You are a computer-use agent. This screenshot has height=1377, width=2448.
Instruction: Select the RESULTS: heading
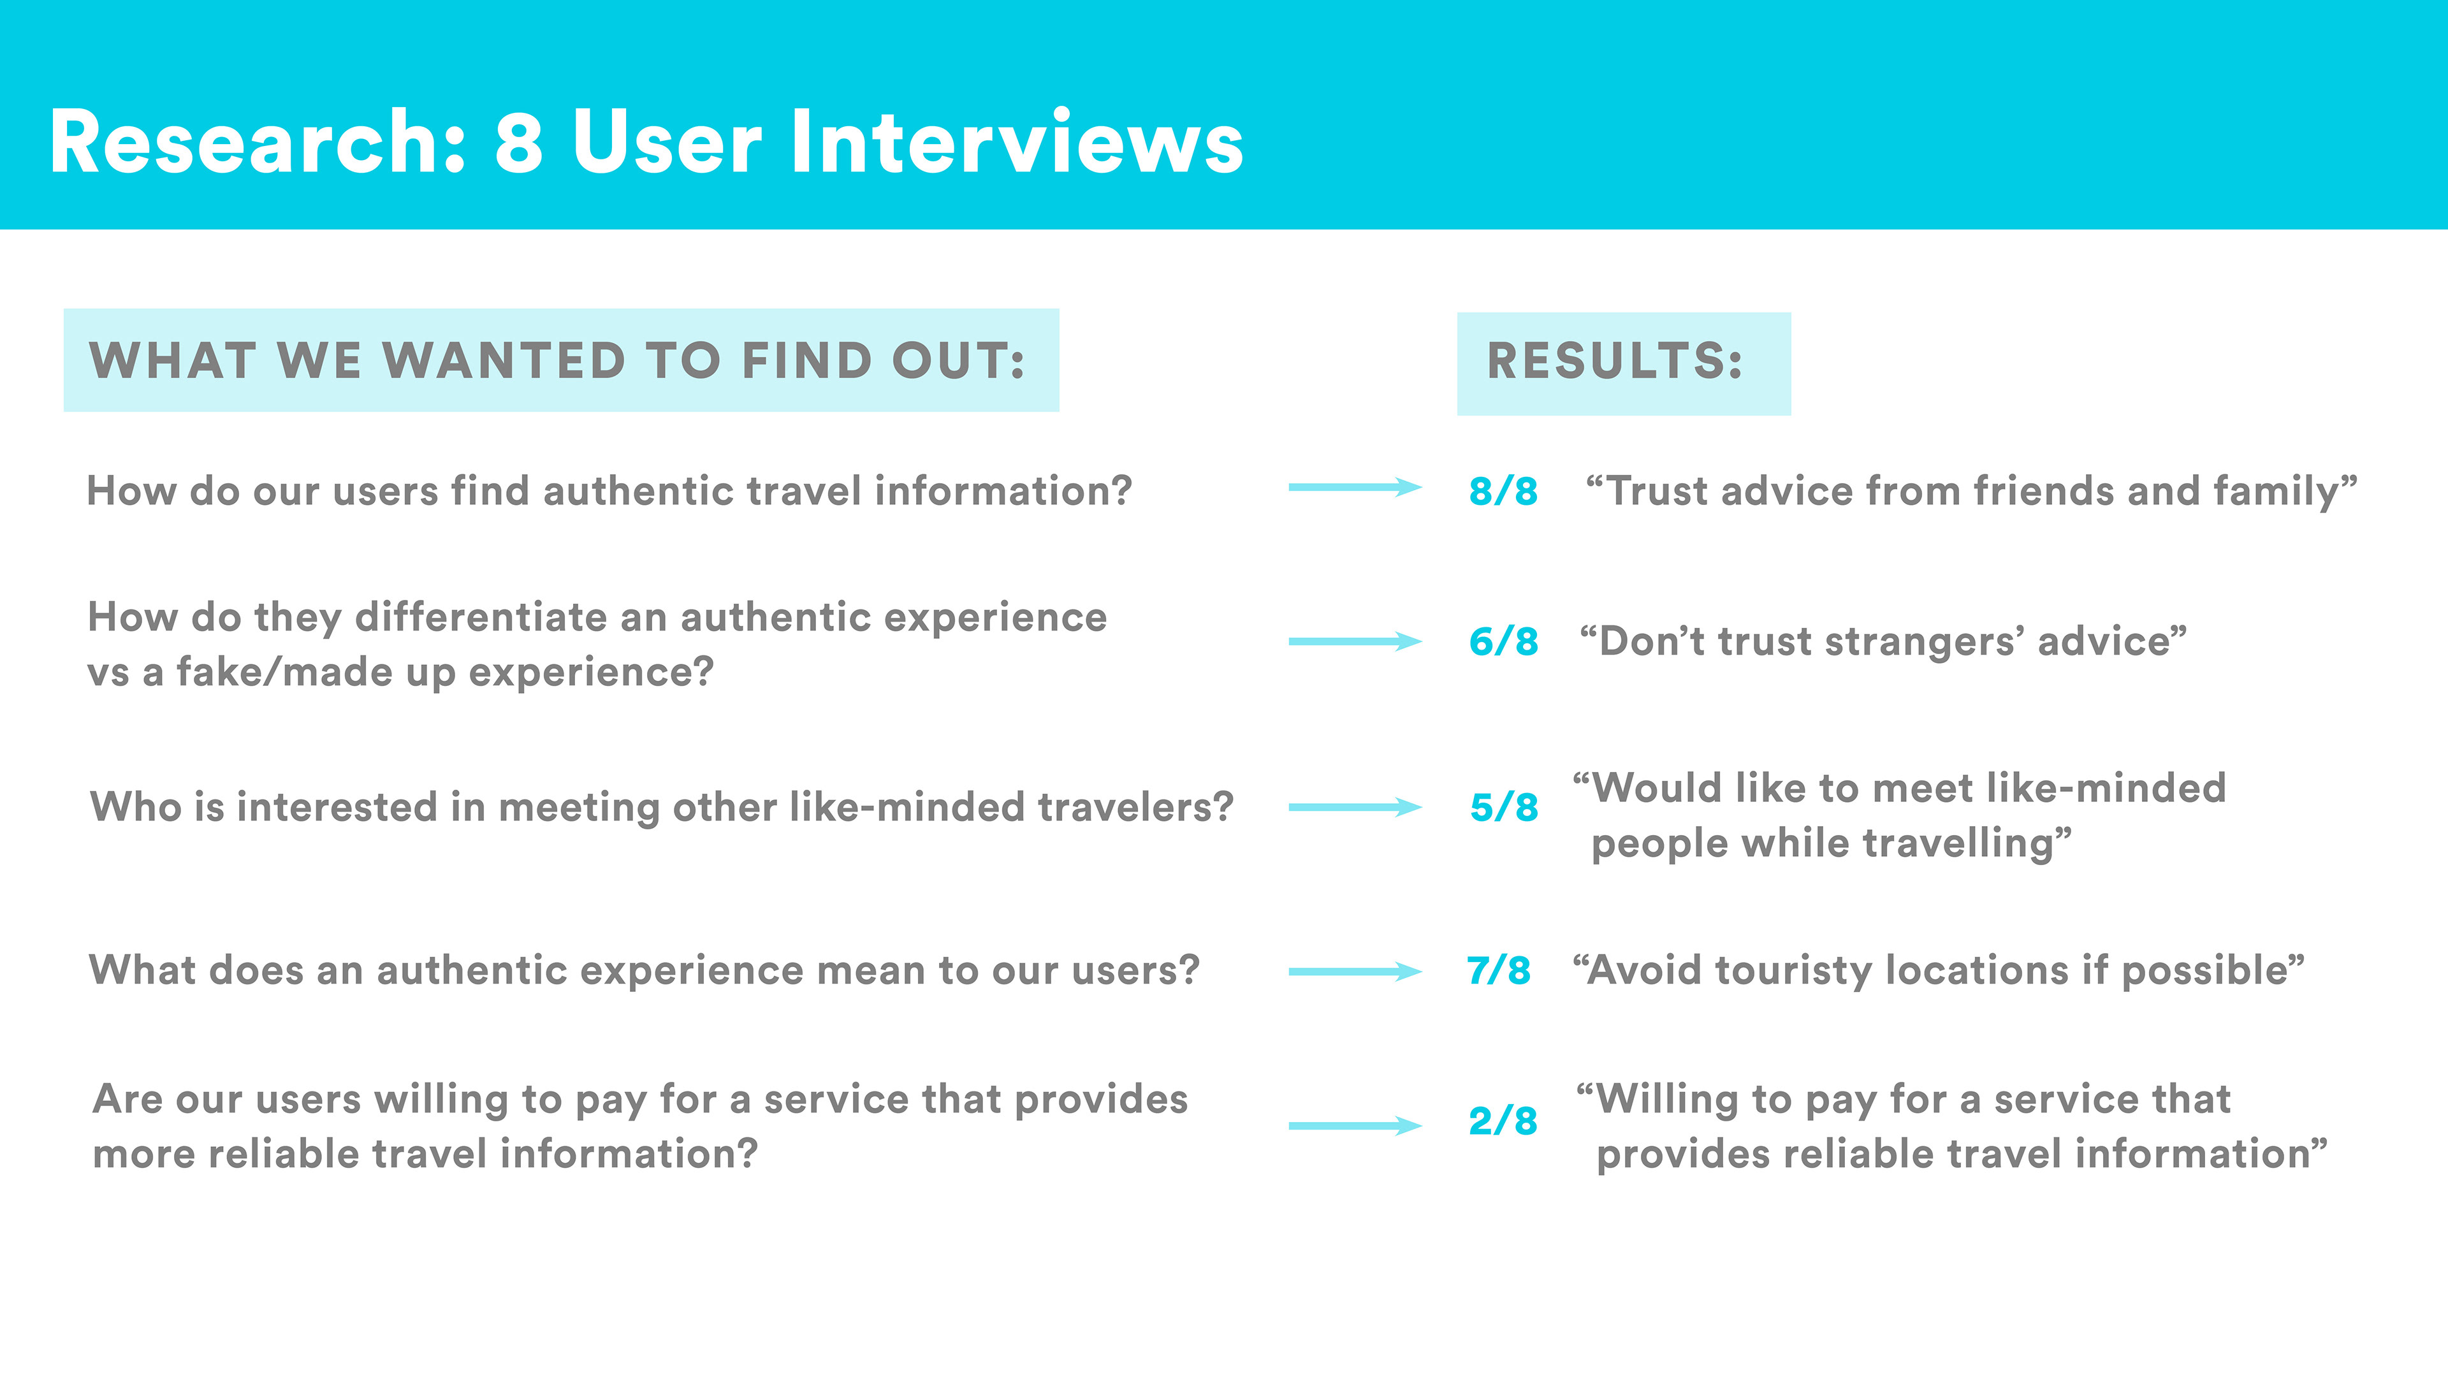(x=1615, y=361)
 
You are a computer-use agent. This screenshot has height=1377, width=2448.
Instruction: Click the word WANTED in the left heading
(x=504, y=361)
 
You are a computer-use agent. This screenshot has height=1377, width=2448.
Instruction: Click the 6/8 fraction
(x=1503, y=641)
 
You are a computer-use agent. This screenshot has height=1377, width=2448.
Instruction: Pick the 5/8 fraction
(x=1503, y=808)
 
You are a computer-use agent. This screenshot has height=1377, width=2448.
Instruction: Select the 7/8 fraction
(x=1499, y=970)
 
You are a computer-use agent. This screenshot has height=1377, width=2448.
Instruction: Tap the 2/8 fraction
(x=1503, y=1121)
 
